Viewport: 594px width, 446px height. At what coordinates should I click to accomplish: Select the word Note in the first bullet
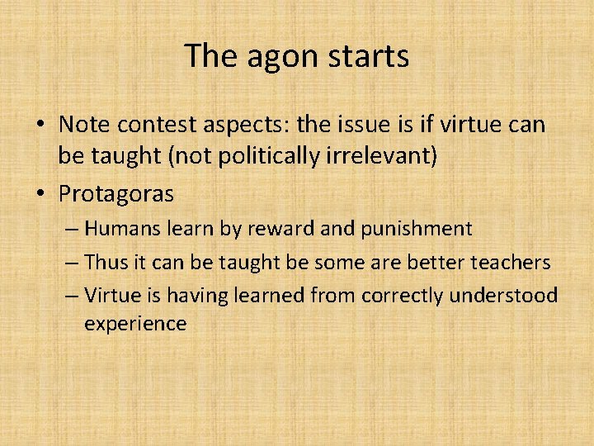pyautogui.click(x=83, y=125)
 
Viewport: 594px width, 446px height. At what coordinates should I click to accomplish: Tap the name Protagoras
pyautogui.click(x=115, y=193)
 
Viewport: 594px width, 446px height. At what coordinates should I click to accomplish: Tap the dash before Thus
pyautogui.click(x=72, y=263)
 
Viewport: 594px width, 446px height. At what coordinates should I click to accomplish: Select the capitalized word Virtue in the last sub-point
pyautogui.click(x=111, y=296)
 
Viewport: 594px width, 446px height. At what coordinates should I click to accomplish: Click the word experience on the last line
pyautogui.click(x=135, y=324)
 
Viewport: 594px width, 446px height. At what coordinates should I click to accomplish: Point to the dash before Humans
pyautogui.click(x=72, y=229)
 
